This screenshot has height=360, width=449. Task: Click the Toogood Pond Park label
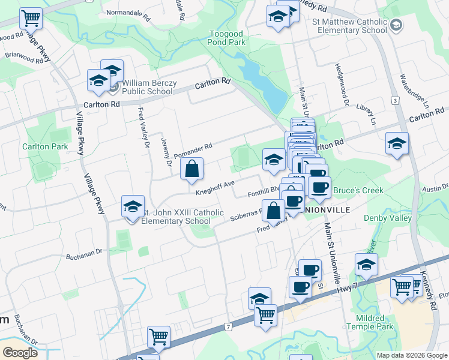pyautogui.click(x=228, y=38)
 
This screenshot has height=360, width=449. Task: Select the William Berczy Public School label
pyautogui.click(x=148, y=88)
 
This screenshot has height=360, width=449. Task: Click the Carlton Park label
pyautogui.click(x=45, y=146)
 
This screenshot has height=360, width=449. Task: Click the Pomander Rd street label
pyautogui.click(x=193, y=151)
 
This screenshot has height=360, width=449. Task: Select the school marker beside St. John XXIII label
pyautogui.click(x=133, y=207)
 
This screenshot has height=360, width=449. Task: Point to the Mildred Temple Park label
pyautogui.click(x=373, y=322)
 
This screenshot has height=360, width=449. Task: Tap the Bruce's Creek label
pyautogui.click(x=358, y=191)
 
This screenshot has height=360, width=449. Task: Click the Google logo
pyautogui.click(x=20, y=353)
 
